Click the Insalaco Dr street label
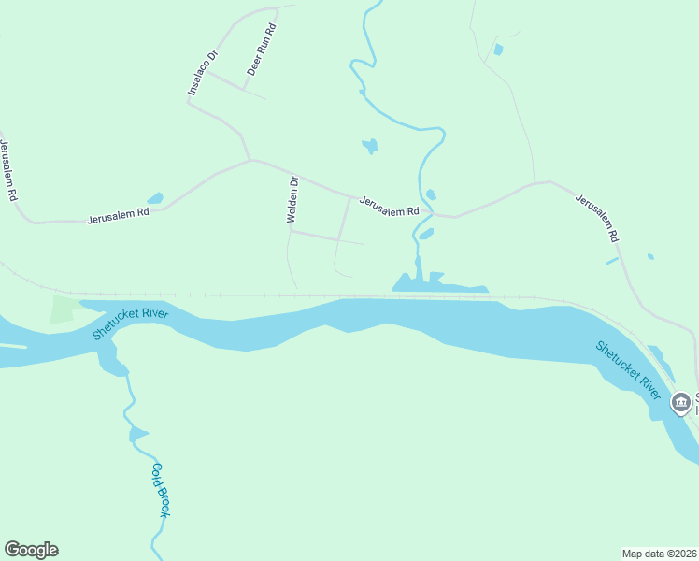tap(202, 72)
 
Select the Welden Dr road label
tap(292, 199)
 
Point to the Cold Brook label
tap(161, 490)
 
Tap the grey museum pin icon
tap(681, 403)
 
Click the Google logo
tap(31, 550)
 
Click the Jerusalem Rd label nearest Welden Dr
tap(389, 207)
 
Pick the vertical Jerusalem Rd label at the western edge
tap(8, 171)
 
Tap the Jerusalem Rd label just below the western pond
tap(119, 216)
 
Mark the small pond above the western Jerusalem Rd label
tap(155, 198)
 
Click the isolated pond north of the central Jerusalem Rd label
tap(370, 146)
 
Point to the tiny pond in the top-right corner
tap(498, 49)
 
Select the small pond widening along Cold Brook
tap(138, 433)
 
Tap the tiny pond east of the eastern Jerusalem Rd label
tap(650, 256)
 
